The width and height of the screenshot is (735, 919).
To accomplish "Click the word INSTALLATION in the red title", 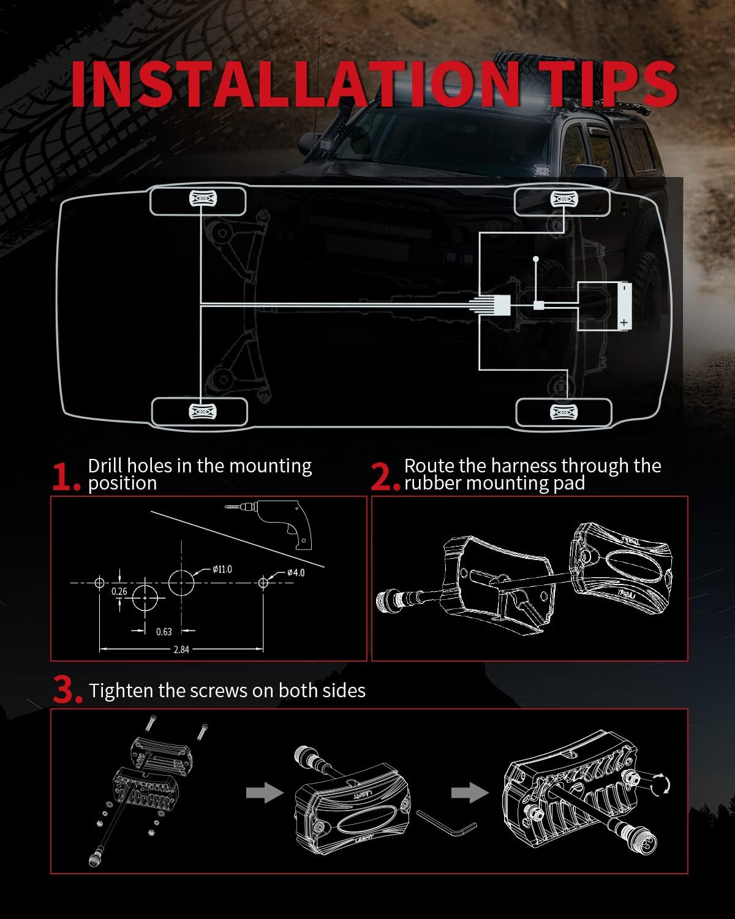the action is coord(285,84).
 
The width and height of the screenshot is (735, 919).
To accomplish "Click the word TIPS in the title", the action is coord(597,84).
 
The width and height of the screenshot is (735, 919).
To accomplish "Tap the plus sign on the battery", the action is coord(624,322).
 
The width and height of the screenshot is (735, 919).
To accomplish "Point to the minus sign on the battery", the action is coord(624,289).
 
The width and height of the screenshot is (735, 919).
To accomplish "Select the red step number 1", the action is coord(66,477).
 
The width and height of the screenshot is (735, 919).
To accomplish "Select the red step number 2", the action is coord(385,477).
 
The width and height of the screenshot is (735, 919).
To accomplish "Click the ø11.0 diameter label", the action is coord(222,569).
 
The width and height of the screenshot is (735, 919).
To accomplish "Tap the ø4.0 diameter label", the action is coord(296,573).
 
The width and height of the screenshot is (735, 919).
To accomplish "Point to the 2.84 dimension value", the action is coord(181,649).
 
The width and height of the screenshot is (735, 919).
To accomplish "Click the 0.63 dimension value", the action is coord(164,632).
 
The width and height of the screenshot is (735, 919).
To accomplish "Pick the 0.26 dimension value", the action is coord(119,591).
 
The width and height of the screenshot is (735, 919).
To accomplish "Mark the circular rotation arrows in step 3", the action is coord(660,784).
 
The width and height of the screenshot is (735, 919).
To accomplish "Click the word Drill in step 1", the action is coord(105,466).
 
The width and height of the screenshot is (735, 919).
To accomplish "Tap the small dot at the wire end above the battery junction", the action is coord(535,259).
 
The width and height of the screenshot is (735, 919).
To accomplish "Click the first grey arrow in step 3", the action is coord(265,793).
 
